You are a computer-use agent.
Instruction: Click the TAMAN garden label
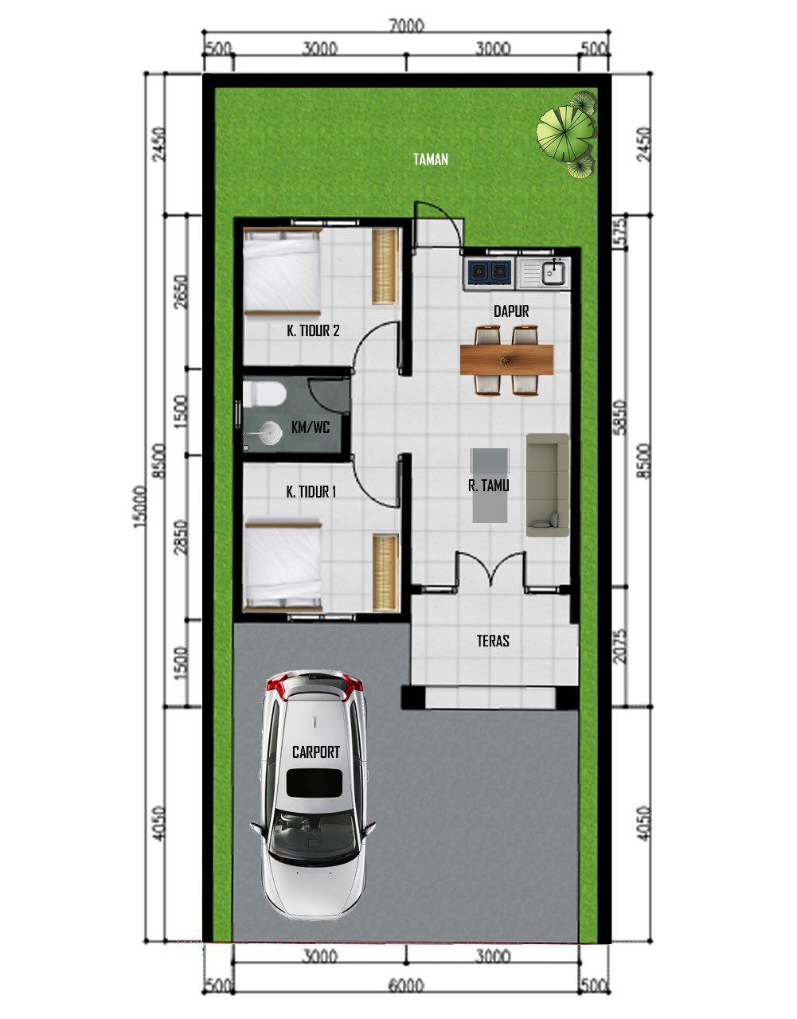click(x=430, y=159)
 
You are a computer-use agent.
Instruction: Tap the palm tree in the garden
click(x=566, y=132)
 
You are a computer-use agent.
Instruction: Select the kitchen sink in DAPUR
click(x=553, y=272)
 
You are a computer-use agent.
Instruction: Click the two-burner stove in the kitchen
click(x=488, y=271)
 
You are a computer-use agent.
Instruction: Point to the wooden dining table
click(x=506, y=359)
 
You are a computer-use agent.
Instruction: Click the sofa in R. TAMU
click(x=548, y=484)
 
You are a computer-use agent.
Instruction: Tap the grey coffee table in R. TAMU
click(x=489, y=485)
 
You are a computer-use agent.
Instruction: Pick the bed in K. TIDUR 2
click(x=281, y=271)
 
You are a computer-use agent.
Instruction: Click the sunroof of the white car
click(x=315, y=783)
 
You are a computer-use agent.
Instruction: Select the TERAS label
click(x=493, y=640)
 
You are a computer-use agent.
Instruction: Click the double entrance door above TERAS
click(x=489, y=570)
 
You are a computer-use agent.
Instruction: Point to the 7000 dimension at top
click(x=406, y=25)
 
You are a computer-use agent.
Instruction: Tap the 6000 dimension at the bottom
click(x=406, y=986)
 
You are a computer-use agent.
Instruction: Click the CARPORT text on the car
click(x=315, y=752)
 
